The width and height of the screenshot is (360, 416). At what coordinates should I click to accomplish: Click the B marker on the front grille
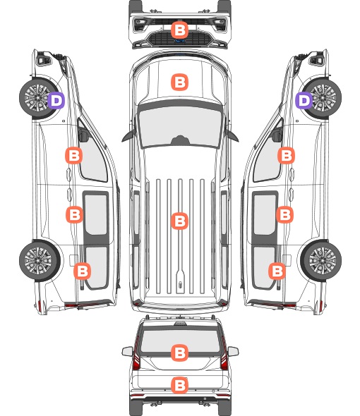click(179, 30)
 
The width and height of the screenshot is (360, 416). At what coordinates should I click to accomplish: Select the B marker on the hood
click(179, 82)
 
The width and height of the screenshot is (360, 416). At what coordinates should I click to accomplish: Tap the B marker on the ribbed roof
click(179, 221)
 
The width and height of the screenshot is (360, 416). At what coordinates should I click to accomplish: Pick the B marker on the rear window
click(179, 353)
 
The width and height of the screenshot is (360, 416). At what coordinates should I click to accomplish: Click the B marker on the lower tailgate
click(179, 385)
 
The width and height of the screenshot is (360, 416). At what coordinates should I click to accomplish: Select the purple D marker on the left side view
click(56, 100)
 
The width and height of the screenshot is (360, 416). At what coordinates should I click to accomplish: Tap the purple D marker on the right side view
click(304, 100)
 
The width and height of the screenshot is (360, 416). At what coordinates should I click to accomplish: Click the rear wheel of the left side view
click(40, 261)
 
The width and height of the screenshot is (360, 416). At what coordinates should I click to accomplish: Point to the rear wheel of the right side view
click(321, 261)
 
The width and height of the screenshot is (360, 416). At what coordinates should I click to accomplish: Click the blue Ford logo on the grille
click(179, 41)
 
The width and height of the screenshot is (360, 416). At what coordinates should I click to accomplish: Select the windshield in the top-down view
click(180, 126)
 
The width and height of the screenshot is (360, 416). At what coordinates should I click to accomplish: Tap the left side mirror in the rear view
click(128, 352)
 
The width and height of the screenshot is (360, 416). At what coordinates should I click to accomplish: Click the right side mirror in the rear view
click(233, 352)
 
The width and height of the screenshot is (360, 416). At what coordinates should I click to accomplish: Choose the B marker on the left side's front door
click(74, 155)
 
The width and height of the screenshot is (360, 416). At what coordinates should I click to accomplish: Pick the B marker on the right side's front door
click(286, 155)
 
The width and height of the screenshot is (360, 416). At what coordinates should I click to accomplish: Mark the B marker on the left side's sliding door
click(74, 214)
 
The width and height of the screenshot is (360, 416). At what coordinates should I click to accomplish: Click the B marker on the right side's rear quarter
click(277, 271)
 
